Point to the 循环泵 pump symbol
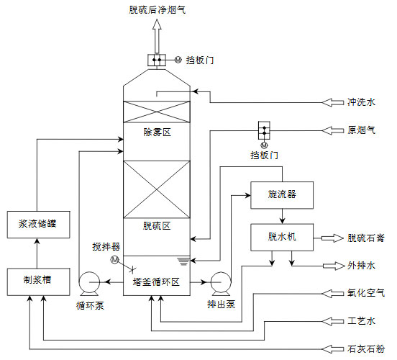[x=90, y=282]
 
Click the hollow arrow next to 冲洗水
[x=333, y=102]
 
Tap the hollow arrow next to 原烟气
[x=333, y=130]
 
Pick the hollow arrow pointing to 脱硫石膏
[x=333, y=237]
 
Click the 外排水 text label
[x=361, y=265]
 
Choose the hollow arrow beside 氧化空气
[x=333, y=292]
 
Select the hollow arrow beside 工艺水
[x=333, y=320]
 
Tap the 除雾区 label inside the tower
[x=157, y=132]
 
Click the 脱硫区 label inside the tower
[x=157, y=225]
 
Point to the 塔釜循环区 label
[x=156, y=282]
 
